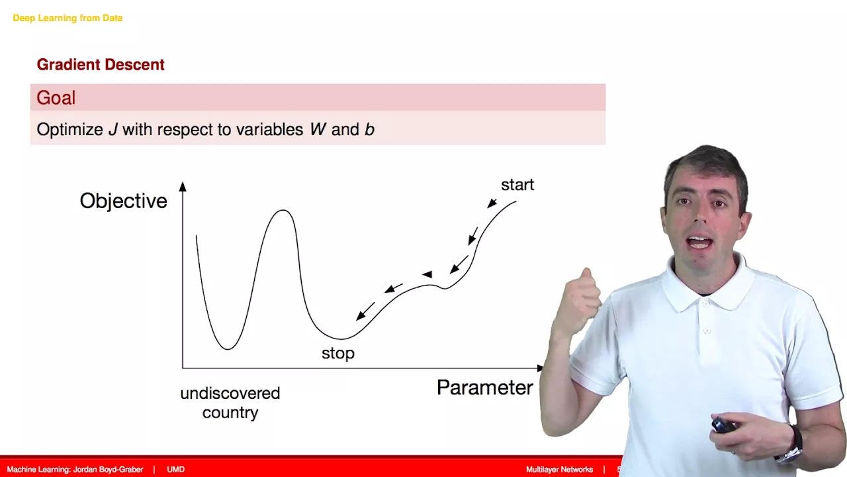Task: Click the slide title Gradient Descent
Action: (101, 65)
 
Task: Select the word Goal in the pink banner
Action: (56, 97)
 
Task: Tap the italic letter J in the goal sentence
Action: (112, 129)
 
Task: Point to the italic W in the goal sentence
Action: (318, 129)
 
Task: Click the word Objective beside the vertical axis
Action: (123, 201)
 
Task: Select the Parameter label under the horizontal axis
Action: (485, 388)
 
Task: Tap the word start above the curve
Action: (517, 185)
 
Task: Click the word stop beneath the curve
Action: (338, 353)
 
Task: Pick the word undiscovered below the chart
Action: (230, 394)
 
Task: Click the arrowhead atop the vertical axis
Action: (183, 186)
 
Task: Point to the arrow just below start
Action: (492, 203)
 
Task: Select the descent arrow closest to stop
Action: (365, 311)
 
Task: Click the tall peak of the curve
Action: (283, 211)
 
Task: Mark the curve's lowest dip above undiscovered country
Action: (228, 348)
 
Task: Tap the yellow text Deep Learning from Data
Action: (67, 18)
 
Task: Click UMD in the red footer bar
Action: (176, 470)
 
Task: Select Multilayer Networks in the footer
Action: (560, 470)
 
